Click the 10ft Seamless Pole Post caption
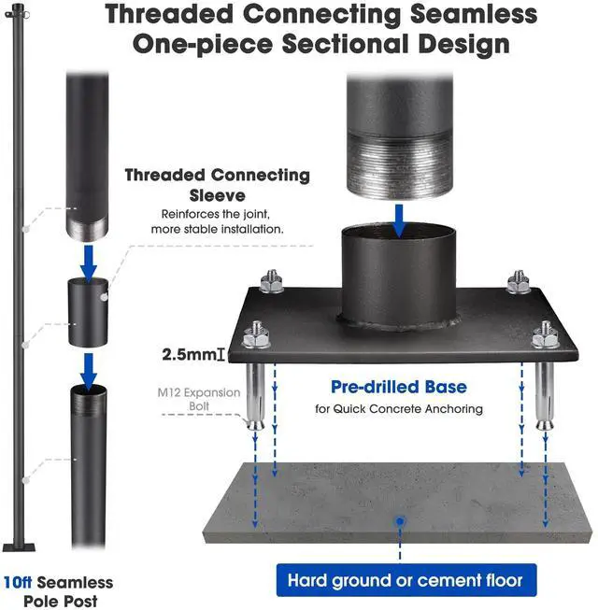click(58, 590)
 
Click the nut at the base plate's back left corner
click(272, 278)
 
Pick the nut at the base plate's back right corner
click(519, 280)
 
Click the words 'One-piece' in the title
click(215, 44)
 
